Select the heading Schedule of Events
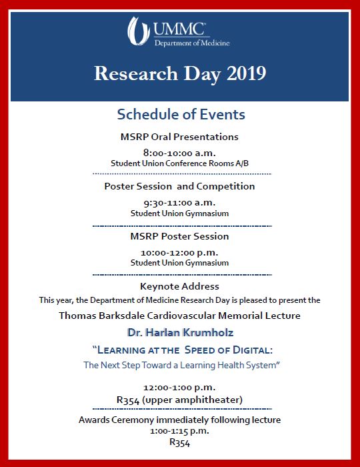tap(181, 114)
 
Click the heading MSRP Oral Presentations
tap(179, 137)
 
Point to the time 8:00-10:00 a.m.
tap(179, 151)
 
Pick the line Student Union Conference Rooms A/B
tap(179, 163)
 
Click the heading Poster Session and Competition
tap(179, 186)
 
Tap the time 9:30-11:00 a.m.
tap(179, 202)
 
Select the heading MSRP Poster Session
tap(179, 236)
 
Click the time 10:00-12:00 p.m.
tap(179, 252)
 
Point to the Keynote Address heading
tap(179, 286)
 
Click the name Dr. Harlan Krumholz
tap(179, 332)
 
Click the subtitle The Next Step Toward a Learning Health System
tap(180, 365)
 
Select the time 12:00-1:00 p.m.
tap(179, 388)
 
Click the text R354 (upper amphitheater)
tap(179, 400)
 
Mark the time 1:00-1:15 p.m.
tap(179, 431)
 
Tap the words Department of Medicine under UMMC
tap(192, 43)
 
